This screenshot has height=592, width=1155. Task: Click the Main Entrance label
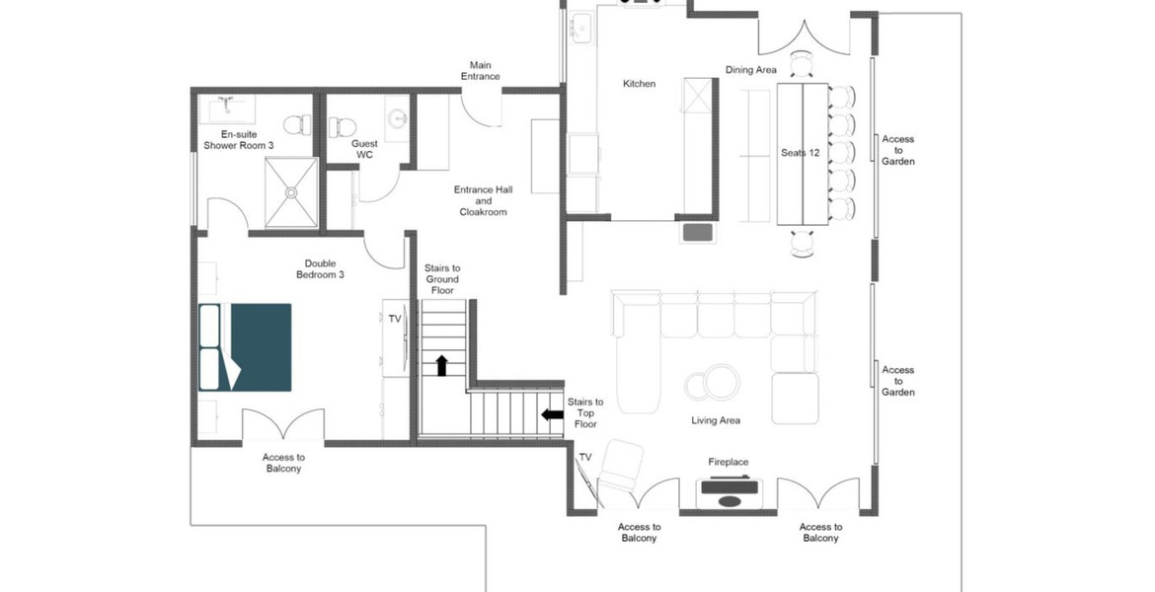(x=481, y=71)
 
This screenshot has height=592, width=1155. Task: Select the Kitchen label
(x=639, y=84)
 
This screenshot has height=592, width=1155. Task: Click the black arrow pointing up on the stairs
(x=441, y=365)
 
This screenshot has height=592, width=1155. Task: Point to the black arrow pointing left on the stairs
(x=551, y=414)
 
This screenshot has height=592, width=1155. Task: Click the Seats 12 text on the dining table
(x=800, y=153)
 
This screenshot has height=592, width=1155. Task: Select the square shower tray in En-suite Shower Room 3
(x=291, y=192)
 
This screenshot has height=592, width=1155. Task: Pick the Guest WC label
(x=364, y=149)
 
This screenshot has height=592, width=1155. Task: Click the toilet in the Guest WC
(x=343, y=126)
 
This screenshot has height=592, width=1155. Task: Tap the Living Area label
(x=716, y=420)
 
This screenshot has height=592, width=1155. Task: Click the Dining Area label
(x=751, y=70)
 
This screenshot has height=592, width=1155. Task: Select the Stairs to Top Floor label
(x=585, y=412)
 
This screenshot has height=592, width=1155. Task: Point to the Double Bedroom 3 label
(x=320, y=269)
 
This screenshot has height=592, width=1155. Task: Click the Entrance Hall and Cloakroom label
(x=483, y=200)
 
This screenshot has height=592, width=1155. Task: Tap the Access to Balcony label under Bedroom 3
(x=283, y=463)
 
